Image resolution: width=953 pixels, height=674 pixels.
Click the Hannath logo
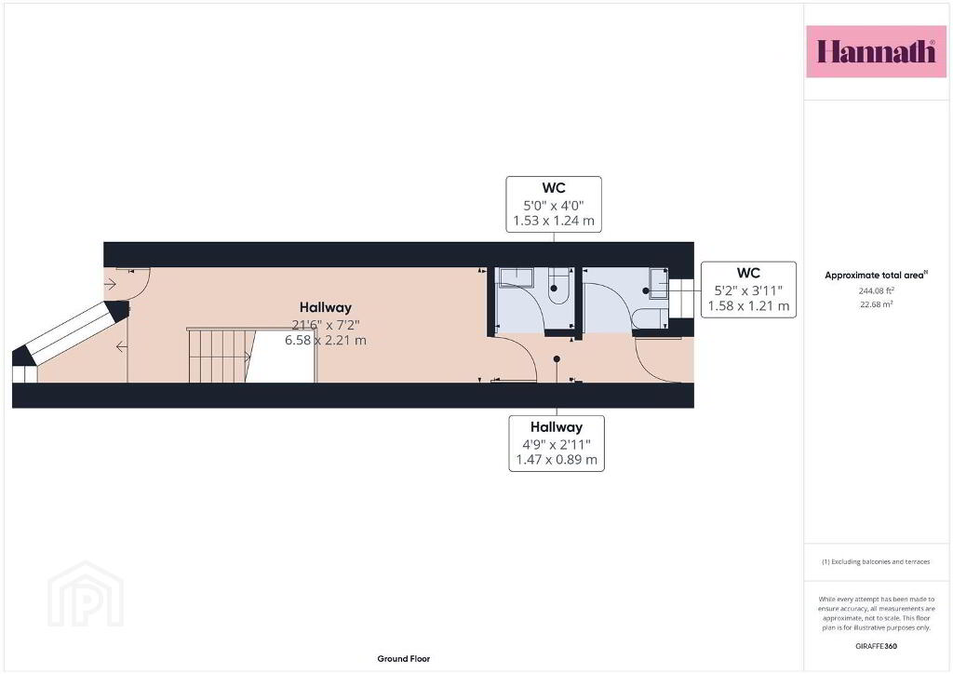coord(876,51)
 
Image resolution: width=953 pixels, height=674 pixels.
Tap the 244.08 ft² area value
coord(876,290)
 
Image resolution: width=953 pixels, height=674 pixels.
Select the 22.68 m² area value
coord(876,303)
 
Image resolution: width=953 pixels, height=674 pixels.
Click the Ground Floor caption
coord(404,658)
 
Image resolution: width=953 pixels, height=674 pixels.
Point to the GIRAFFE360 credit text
coord(876,646)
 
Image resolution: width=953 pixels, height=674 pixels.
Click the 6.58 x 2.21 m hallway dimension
coord(326,341)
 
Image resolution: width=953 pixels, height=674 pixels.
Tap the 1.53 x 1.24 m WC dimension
coord(554,221)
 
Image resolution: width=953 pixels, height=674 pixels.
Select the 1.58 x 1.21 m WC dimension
coord(749,305)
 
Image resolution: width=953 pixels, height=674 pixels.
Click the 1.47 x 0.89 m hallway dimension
coord(557,460)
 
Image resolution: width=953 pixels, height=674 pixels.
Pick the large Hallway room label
coord(326,307)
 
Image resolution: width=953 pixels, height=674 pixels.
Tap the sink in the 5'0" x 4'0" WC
coord(516,277)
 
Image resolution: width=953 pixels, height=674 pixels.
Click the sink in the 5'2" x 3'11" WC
coord(659,284)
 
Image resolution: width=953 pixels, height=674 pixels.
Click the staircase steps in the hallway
coord(219,356)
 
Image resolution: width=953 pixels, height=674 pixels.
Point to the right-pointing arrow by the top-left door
coord(110,283)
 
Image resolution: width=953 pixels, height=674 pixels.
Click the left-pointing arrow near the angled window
coord(122,346)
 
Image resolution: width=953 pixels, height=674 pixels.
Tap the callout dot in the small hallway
coord(557,359)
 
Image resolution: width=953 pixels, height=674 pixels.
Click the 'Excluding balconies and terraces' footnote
coord(876,561)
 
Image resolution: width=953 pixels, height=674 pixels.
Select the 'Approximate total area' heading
coord(876,275)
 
